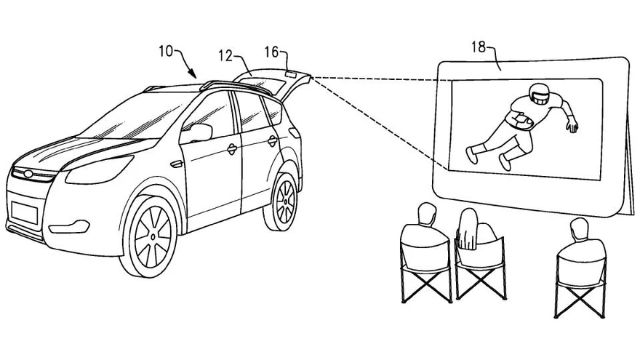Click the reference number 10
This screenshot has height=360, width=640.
(165, 52)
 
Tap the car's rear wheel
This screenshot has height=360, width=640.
(286, 198)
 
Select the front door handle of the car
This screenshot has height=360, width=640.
(232, 149)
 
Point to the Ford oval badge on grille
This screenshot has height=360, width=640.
(23, 174)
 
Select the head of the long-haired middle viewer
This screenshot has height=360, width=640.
(467, 218)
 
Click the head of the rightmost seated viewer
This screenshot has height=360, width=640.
(579, 229)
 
